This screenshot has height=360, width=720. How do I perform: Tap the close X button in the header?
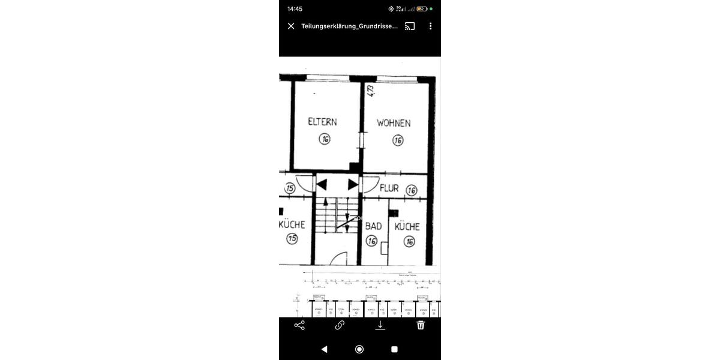[x=291, y=26]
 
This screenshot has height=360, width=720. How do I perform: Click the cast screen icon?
[x=410, y=26]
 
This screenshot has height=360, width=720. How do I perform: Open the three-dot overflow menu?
[x=430, y=26]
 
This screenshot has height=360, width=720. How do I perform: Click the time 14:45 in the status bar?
[x=295, y=9]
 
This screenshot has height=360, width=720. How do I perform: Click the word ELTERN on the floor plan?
[x=322, y=122]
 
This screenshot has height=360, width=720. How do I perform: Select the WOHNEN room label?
[x=394, y=123]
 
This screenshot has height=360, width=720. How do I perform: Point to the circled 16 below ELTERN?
[x=325, y=139]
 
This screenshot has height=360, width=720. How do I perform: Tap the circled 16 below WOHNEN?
[x=398, y=140]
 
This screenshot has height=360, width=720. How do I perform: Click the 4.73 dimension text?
[x=371, y=91]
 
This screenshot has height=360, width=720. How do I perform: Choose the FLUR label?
[x=389, y=188]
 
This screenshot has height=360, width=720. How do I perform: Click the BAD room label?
[x=373, y=226]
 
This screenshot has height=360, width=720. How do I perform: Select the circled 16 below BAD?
[x=371, y=241]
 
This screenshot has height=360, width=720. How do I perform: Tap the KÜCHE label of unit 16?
[x=407, y=227]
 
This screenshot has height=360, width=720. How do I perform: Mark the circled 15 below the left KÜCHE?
[x=292, y=239]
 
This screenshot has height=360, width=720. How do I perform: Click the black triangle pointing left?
[x=322, y=185]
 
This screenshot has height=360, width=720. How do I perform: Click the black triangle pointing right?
[x=353, y=185]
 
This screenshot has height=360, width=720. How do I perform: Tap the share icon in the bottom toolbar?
[x=299, y=325]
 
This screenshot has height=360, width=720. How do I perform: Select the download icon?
[x=380, y=325]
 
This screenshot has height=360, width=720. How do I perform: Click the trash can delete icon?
[x=421, y=325]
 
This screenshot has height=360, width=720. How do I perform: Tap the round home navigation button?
[x=359, y=349]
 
